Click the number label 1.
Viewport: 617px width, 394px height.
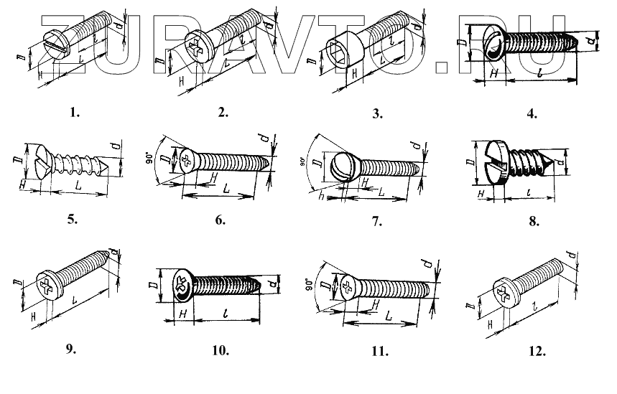click(75, 113)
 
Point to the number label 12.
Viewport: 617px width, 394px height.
click(534, 352)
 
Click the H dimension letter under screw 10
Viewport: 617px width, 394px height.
click(182, 314)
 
